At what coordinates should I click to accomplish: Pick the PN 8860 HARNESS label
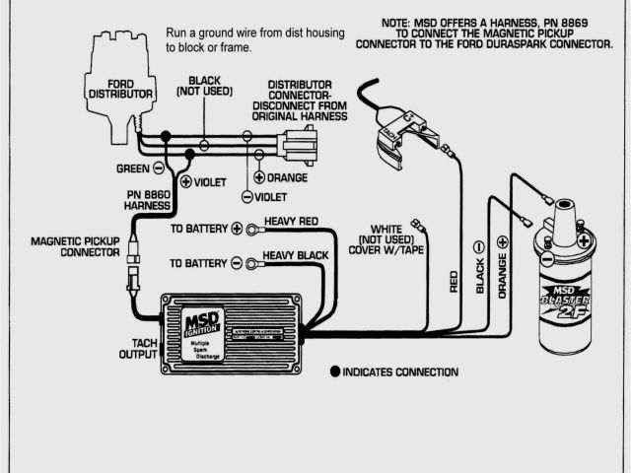pos(148,200)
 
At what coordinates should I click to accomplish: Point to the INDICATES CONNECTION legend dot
pos(335,372)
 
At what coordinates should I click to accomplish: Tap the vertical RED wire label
pos(454,281)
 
